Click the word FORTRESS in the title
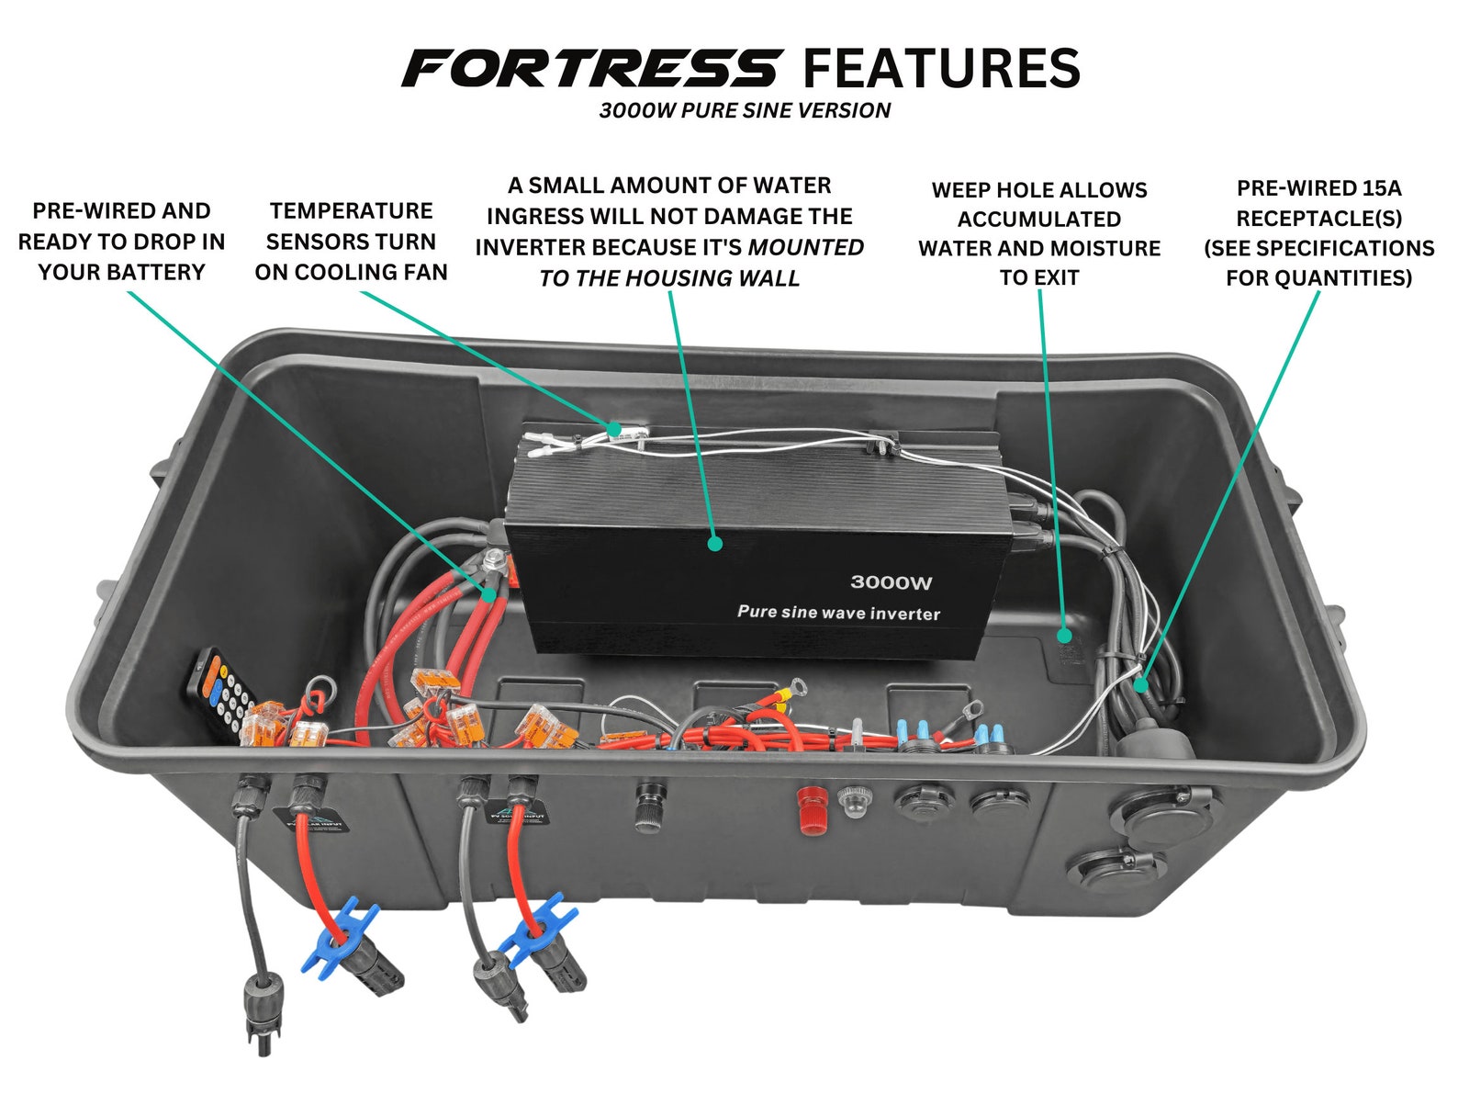coord(590,69)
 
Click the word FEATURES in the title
coord(941,69)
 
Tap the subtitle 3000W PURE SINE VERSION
coord(745,111)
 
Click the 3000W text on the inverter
coord(891,582)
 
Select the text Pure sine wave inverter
coord(838,613)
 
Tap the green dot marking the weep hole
coord(1064,635)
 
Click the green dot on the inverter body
coord(715,544)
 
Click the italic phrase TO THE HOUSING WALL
coord(669,278)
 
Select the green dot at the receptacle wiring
coord(1141,684)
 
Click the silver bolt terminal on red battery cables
coord(494,558)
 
